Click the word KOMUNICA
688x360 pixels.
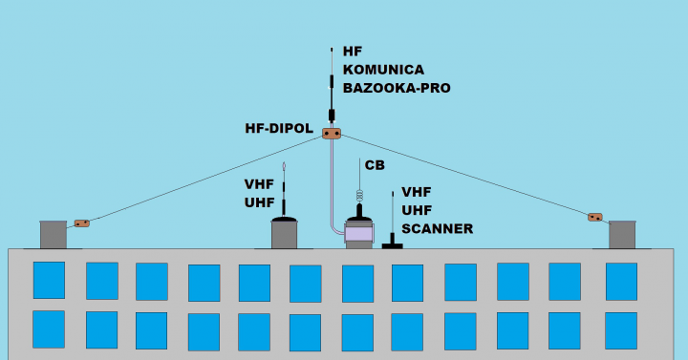tap(382, 70)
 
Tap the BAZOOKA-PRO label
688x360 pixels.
tap(397, 88)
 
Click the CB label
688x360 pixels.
tap(374, 165)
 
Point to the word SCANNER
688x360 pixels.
tap(437, 228)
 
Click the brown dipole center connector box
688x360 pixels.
tap(332, 133)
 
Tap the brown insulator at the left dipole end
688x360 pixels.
tap(82, 223)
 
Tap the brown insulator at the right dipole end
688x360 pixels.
tap(594, 218)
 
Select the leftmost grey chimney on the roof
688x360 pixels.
tap(53, 234)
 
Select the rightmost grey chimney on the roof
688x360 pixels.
tap(622, 234)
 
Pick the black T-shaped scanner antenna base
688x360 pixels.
tap(393, 244)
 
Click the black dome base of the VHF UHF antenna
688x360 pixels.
tap(285, 220)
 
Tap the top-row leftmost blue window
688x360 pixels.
tap(50, 281)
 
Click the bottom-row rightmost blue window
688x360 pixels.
tap(621, 330)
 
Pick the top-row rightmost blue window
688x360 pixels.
tap(621, 282)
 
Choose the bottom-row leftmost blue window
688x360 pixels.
tap(50, 329)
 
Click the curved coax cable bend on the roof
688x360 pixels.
tap(335, 229)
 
